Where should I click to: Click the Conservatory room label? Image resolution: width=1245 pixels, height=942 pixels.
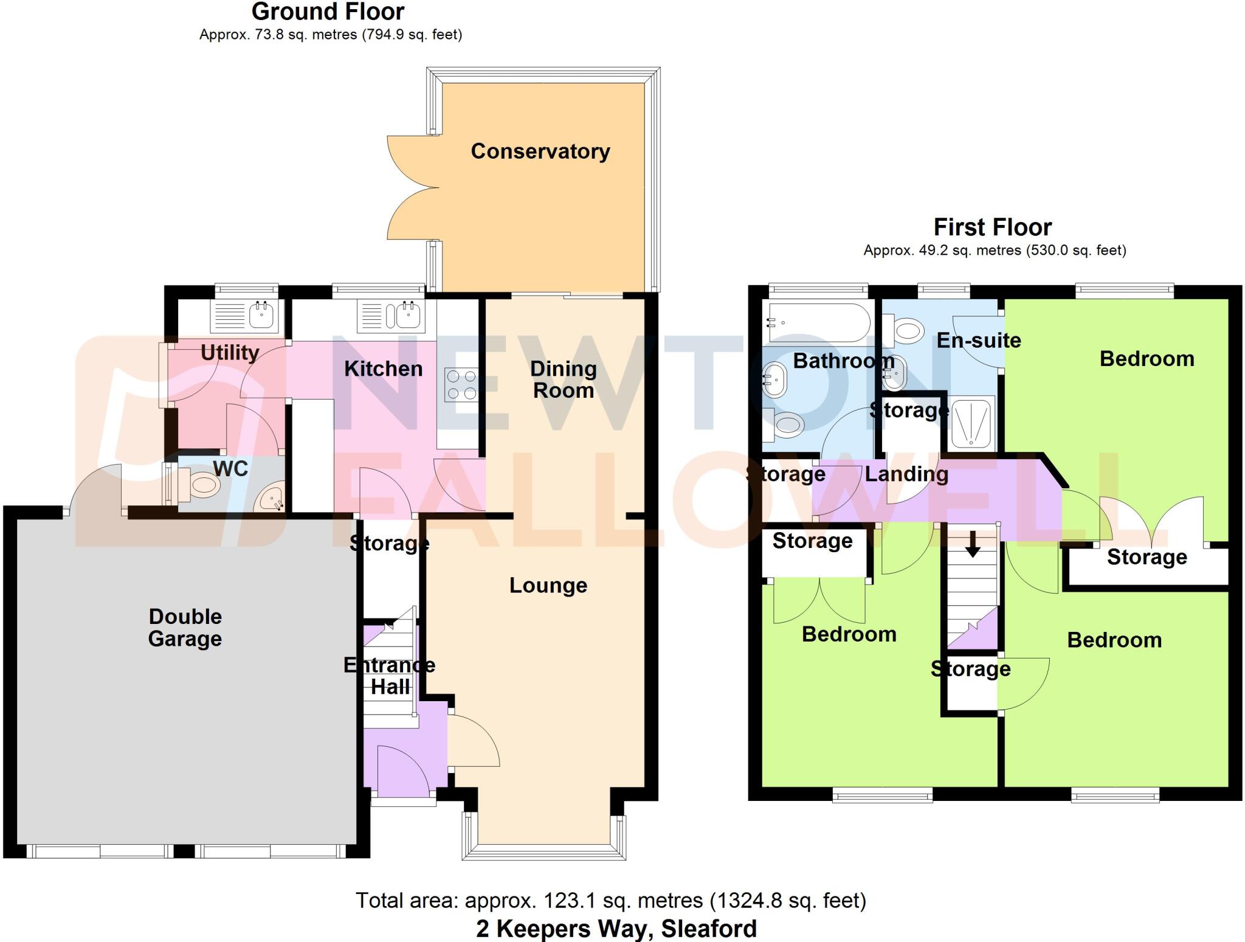click(540, 151)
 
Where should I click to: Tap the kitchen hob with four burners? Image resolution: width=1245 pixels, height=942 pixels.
click(461, 384)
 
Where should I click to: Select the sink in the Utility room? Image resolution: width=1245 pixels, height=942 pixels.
click(261, 315)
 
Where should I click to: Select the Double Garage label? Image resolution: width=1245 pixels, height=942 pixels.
click(185, 628)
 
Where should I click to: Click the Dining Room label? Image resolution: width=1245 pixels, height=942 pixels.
click(563, 379)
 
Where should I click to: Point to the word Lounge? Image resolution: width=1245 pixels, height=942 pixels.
click(548, 585)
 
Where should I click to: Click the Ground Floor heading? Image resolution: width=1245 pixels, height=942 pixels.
click(328, 12)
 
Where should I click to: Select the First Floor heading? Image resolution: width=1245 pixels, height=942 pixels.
click(992, 227)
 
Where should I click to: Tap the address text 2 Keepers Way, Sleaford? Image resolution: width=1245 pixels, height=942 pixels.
click(616, 929)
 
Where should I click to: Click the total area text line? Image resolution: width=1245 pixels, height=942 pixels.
click(610, 900)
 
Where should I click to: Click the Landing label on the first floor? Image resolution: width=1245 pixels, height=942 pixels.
click(906, 474)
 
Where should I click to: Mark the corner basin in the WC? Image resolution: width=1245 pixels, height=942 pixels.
click(271, 499)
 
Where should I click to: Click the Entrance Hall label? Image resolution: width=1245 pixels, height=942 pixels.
click(389, 676)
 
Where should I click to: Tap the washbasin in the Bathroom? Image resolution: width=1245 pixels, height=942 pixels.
click(776, 379)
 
